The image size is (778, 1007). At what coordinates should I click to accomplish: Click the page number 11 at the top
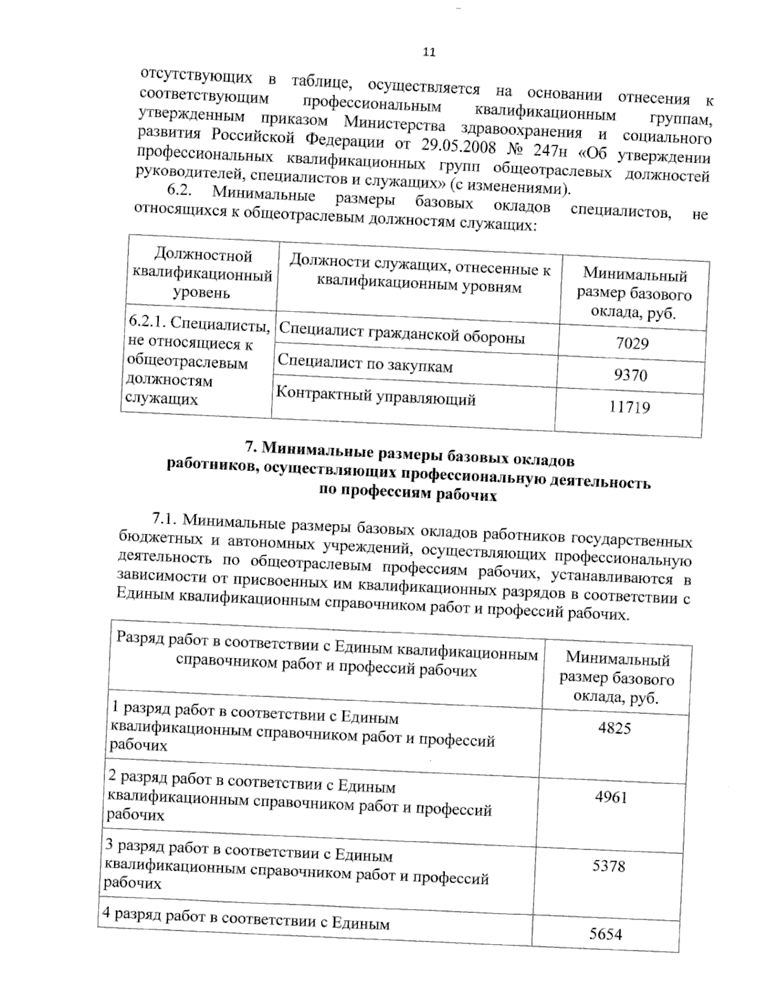[429, 52]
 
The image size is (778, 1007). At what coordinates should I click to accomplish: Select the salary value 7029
[632, 343]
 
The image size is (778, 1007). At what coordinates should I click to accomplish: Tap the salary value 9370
[630, 375]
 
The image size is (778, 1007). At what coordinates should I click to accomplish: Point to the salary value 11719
[629, 407]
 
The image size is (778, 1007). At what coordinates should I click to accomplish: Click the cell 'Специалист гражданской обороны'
[402, 334]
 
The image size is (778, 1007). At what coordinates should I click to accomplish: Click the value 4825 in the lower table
[614, 728]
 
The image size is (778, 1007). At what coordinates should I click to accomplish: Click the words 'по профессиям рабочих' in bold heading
[408, 493]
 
